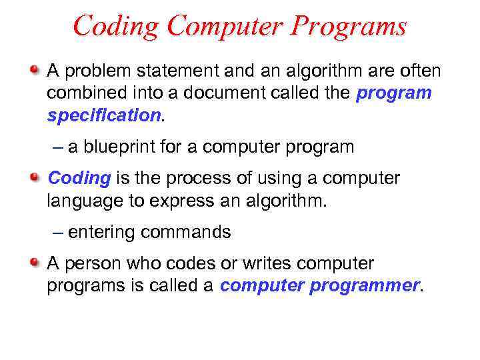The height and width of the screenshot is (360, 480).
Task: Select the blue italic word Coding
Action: click(x=79, y=178)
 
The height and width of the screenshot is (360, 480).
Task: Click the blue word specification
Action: click(x=103, y=115)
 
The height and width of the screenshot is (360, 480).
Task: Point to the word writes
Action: click(x=259, y=263)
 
